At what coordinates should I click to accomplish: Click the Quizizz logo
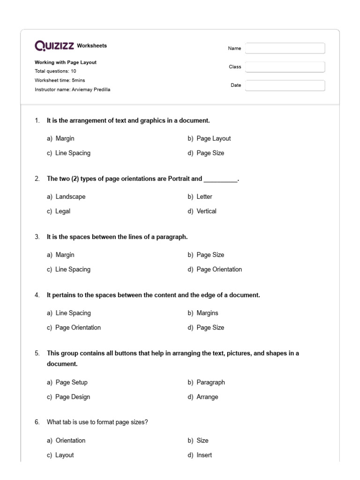point(54,45)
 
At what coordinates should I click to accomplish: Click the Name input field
point(285,48)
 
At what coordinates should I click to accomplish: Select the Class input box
point(285,67)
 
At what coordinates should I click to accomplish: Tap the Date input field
point(285,85)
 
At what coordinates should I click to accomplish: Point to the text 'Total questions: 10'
point(55,71)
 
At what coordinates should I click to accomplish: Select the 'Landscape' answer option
point(70,196)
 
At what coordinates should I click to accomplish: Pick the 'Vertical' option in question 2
point(206,211)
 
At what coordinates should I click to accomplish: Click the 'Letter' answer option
point(204,196)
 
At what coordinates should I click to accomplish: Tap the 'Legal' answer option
point(63,211)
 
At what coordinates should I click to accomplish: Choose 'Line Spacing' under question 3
point(73,269)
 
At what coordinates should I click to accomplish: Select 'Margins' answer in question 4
point(207,313)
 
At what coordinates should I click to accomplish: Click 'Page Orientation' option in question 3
point(219,269)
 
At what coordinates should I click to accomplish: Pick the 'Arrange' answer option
point(207,397)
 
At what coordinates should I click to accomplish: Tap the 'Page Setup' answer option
point(71,382)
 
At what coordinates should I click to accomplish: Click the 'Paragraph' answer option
point(210,382)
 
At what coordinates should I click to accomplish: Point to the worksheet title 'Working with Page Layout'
point(66,62)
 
